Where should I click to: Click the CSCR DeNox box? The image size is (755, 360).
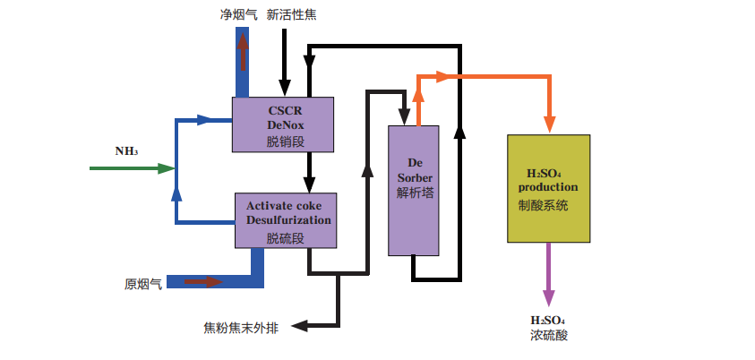click(x=283, y=124)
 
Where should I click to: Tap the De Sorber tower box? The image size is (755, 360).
click(x=414, y=190)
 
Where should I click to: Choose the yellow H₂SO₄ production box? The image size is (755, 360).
click(x=548, y=188)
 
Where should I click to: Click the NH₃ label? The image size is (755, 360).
click(x=125, y=150)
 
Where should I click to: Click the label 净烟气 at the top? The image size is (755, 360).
click(x=237, y=14)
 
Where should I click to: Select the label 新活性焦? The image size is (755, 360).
click(x=291, y=14)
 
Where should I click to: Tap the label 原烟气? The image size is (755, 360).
click(x=142, y=284)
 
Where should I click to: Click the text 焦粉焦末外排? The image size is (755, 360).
click(x=241, y=327)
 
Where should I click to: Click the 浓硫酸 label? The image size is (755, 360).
click(x=548, y=336)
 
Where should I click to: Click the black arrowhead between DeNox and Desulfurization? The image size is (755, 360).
click(x=309, y=183)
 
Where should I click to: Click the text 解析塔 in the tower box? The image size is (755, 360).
click(x=415, y=192)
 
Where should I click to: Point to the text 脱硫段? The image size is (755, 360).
click(x=286, y=238)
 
